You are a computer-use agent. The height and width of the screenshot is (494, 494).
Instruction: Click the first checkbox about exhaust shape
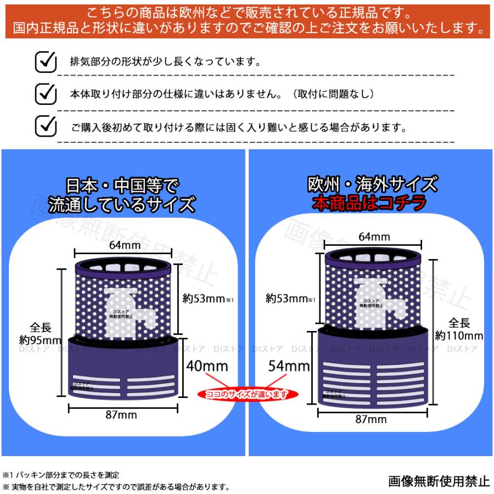click(x=46, y=61)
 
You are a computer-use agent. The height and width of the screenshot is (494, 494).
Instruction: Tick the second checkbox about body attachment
click(x=46, y=94)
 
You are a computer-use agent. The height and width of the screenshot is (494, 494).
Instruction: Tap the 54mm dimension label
click(x=285, y=365)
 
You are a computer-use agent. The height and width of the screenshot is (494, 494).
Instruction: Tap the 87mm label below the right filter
click(x=372, y=419)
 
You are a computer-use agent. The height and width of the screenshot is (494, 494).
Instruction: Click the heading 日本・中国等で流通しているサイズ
click(x=122, y=194)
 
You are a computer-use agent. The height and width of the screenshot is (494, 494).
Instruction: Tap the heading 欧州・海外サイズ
click(x=372, y=183)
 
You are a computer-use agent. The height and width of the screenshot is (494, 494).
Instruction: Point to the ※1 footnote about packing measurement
click(x=61, y=474)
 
